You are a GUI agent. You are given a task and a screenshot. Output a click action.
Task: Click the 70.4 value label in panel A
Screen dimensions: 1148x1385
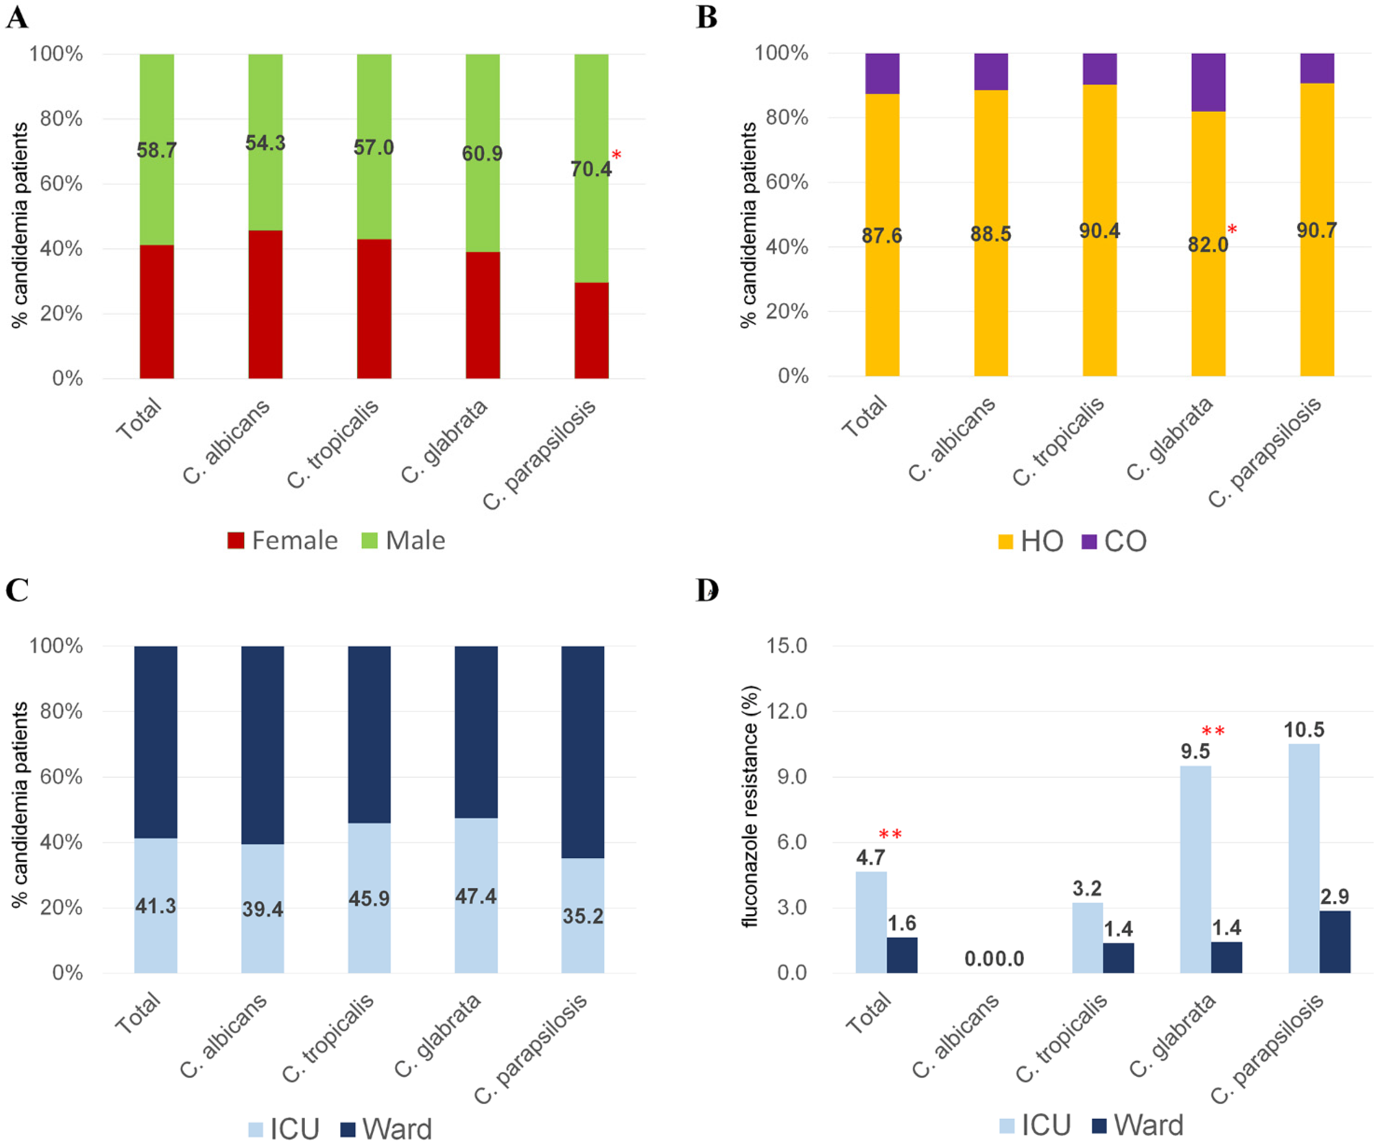(590, 170)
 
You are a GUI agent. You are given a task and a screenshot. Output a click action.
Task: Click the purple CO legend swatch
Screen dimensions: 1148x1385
(1089, 542)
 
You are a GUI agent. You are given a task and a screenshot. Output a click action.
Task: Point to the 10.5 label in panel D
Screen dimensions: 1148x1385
(1303, 730)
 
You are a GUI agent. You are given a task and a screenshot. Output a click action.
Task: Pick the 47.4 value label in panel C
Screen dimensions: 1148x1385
(476, 896)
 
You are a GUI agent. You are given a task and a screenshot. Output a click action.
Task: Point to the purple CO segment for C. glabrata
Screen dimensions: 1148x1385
(1208, 83)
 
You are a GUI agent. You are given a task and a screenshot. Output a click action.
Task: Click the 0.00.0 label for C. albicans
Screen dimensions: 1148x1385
(994, 959)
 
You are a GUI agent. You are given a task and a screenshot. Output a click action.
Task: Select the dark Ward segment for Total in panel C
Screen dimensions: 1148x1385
(156, 742)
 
